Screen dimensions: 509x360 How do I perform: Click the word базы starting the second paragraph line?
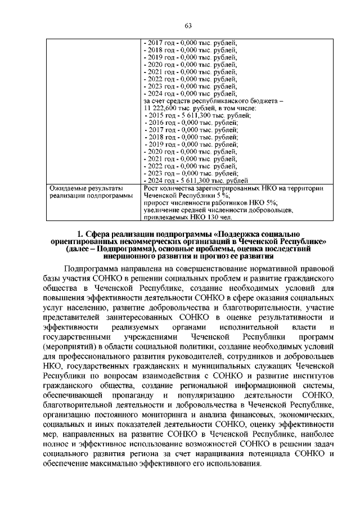[54, 279]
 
